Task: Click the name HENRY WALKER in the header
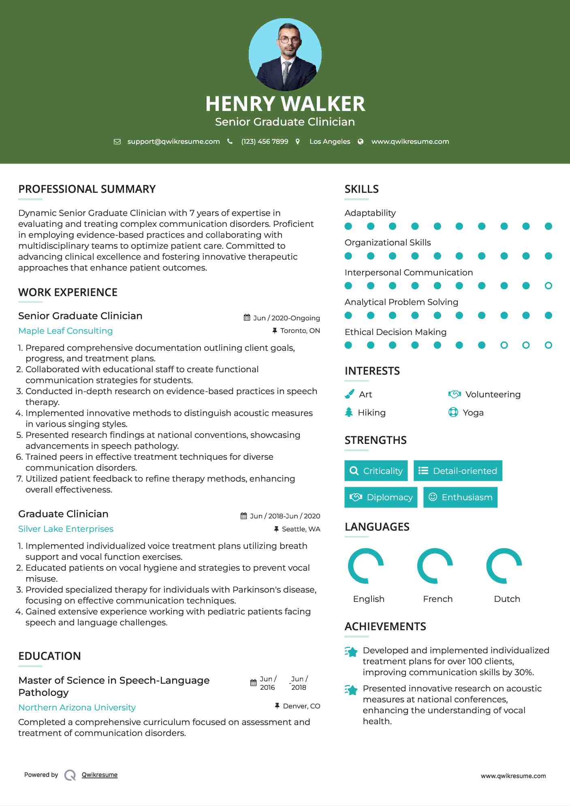(x=285, y=104)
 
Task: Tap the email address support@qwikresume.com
(x=173, y=141)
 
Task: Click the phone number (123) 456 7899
(x=265, y=141)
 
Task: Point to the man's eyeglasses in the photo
(x=289, y=40)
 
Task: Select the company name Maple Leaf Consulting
(x=66, y=331)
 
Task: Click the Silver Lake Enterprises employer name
(x=66, y=529)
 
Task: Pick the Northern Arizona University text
(x=77, y=708)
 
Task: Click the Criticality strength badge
(x=376, y=471)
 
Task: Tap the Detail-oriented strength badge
(x=458, y=471)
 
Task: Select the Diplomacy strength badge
(x=381, y=497)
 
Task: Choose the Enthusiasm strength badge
(x=460, y=497)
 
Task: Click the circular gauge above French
(x=435, y=566)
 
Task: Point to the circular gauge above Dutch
(x=504, y=566)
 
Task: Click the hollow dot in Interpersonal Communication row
(x=548, y=286)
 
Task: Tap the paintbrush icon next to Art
(x=349, y=394)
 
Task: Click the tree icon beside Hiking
(x=349, y=412)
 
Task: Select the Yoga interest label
(x=473, y=413)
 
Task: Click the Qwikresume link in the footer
(x=100, y=775)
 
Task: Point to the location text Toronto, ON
(x=300, y=331)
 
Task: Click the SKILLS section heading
(x=361, y=189)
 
